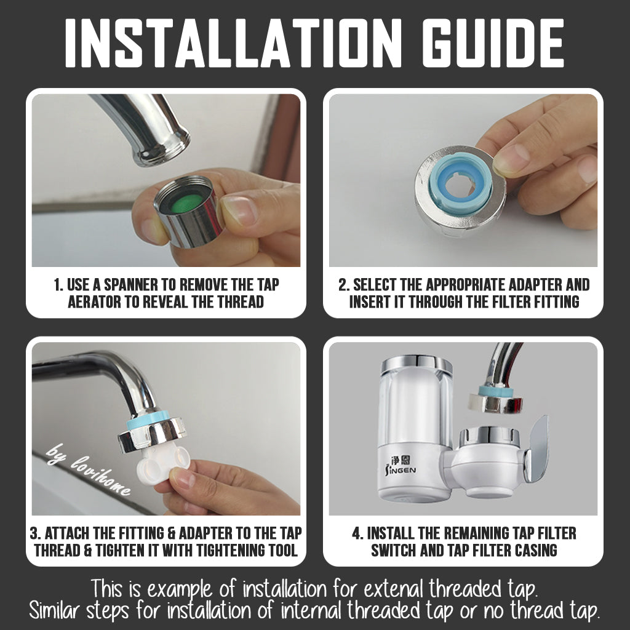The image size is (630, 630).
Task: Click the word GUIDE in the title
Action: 493,42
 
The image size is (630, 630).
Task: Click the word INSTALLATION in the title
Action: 233,42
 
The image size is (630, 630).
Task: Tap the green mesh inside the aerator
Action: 184,204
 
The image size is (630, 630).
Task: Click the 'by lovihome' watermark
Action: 89,469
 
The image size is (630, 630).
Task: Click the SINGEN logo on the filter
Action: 401,466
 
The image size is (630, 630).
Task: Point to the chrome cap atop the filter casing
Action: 417,364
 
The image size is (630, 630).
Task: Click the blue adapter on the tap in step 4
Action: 496,391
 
